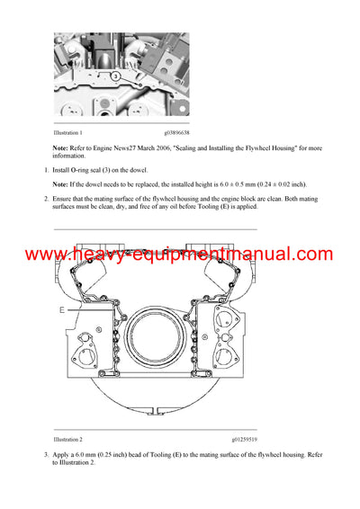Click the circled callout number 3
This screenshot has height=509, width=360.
point(117,77)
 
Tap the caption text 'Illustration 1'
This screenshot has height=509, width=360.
point(71,131)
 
